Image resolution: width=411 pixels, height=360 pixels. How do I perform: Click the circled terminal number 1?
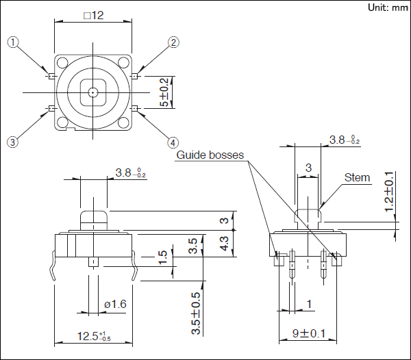pos(14,42)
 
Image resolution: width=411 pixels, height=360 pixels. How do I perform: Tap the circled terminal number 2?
pos(174,42)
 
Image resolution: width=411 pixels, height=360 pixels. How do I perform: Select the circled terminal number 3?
pos(13,142)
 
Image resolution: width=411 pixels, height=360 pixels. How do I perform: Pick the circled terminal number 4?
pos(173,142)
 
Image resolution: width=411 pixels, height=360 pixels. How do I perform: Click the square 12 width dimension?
pos(93,16)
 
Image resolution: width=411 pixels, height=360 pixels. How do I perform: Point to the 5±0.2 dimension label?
pos(164,92)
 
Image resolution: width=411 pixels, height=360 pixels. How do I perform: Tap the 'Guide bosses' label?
pos(210,155)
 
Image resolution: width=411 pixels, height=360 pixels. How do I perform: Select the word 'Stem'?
pos(357,177)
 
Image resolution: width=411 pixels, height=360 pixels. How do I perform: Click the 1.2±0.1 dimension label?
pos(390,192)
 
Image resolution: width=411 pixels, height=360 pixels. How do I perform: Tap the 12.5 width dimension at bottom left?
pos(92,335)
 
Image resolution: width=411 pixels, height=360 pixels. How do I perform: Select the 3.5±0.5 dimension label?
pos(197,313)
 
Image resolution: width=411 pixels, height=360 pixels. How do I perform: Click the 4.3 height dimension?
pos(223,242)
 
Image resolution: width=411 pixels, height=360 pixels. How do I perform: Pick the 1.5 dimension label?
pos(162,258)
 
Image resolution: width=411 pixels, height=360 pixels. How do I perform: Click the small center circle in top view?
pos(92,91)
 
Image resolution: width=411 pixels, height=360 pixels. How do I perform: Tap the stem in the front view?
pos(92,218)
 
